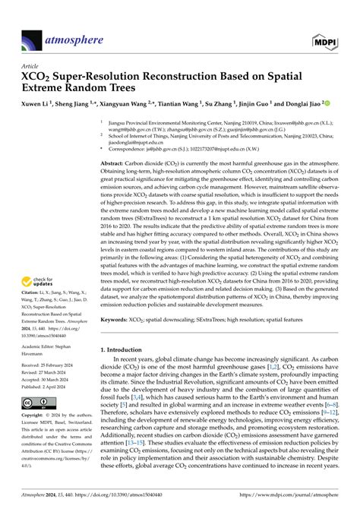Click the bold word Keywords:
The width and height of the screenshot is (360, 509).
point(115,321)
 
